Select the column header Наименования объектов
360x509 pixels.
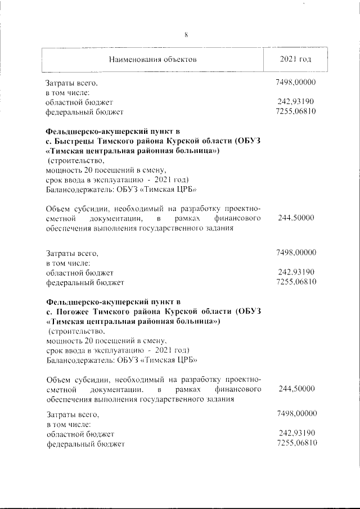pos(152,59)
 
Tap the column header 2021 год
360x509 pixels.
pos(296,59)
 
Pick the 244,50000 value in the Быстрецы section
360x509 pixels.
pos(296,218)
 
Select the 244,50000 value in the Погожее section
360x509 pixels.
pos(296,389)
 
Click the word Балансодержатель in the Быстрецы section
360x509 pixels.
pos(74,189)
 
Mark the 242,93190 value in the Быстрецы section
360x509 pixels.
pos(296,272)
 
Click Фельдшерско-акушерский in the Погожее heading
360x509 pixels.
pos(93,301)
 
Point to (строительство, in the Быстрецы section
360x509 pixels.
pos(74,160)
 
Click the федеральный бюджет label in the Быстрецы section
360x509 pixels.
pos(84,282)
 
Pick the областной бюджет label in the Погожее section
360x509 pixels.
pos(80,434)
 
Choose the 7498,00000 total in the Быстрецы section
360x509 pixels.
pos(296,253)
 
